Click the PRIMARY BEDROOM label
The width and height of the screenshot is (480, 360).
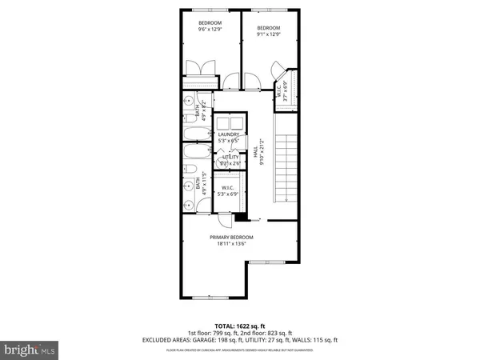point(231,238)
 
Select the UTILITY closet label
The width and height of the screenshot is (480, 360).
point(230,158)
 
